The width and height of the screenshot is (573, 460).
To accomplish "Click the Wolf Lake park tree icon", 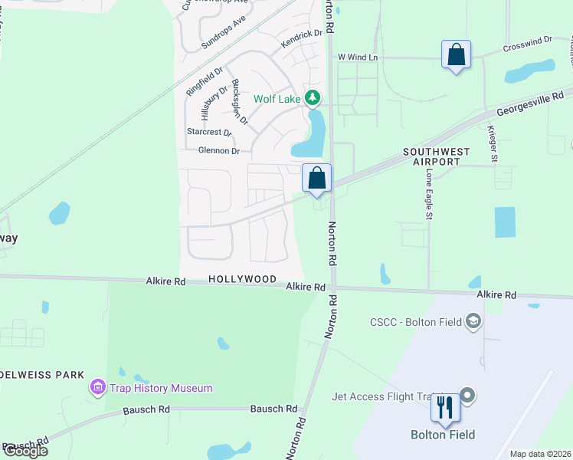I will click(x=312, y=98).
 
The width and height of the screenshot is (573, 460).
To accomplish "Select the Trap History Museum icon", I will click(x=97, y=388).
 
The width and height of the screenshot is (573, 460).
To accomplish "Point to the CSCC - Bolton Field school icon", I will click(x=474, y=321).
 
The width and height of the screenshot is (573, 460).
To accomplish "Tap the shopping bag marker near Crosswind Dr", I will click(x=457, y=55).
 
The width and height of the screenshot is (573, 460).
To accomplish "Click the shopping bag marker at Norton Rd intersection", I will click(x=316, y=179).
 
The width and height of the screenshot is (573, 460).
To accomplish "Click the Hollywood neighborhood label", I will click(x=241, y=280).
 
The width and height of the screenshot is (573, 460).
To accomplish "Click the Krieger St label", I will click(x=494, y=146).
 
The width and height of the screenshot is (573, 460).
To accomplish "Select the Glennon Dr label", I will click(x=219, y=151).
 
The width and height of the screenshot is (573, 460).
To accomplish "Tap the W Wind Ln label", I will click(x=358, y=58).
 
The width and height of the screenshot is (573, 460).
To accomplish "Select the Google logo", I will click(x=25, y=451).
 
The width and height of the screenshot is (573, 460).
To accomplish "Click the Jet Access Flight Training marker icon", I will click(x=469, y=396).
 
